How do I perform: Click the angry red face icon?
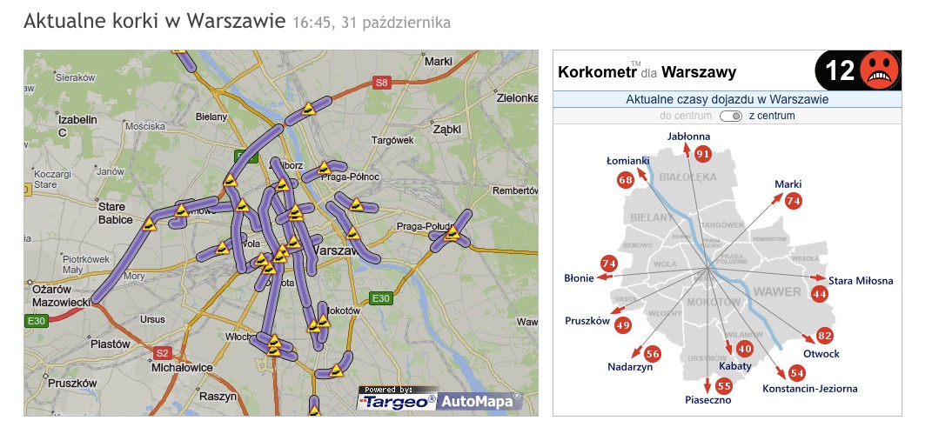tap(879, 71)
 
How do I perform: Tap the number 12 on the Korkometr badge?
tap(839, 71)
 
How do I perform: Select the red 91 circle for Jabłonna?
tap(702, 154)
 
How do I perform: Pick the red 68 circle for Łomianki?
tap(625, 180)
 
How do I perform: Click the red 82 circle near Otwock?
tap(825, 337)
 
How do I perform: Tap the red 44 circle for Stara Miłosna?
tap(819, 294)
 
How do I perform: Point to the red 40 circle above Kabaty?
tap(744, 348)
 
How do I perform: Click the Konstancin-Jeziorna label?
tap(809, 389)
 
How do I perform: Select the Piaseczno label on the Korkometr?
tap(707, 401)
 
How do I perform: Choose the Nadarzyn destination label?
tap(630, 367)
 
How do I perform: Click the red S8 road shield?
tap(380, 83)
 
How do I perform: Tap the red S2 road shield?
tap(162, 353)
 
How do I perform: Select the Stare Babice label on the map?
tap(112, 214)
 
